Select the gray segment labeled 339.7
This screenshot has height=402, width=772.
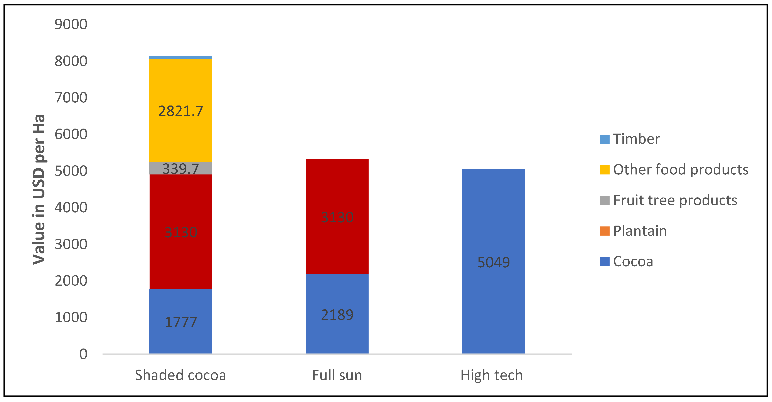click(181, 168)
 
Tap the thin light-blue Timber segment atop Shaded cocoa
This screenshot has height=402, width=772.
click(181, 57)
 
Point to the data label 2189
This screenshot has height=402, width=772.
click(337, 315)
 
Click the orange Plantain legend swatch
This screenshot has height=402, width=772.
click(605, 231)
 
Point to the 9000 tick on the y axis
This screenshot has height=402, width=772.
click(71, 24)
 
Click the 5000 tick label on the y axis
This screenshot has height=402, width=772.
click(71, 171)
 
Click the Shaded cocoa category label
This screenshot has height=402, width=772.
click(180, 375)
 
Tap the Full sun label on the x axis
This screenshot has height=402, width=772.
click(337, 375)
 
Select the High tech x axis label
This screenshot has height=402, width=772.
click(492, 375)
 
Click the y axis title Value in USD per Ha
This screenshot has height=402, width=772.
click(39, 189)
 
